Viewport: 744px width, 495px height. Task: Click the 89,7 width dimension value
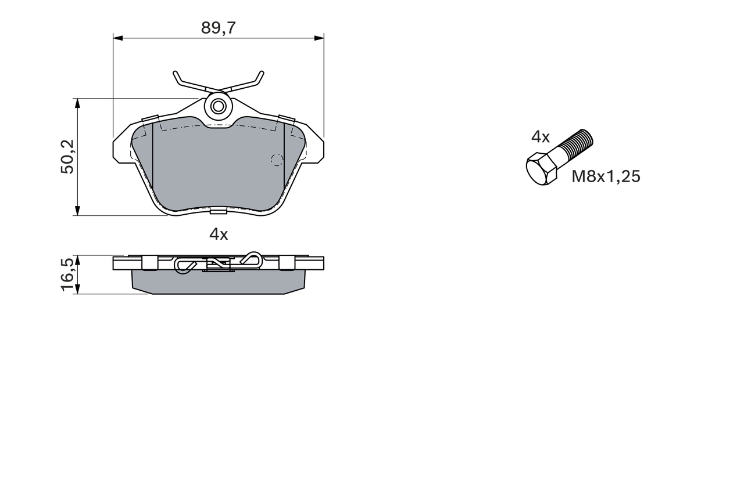click(218, 28)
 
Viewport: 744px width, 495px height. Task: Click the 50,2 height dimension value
click(67, 157)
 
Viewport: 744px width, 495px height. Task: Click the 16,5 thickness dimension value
click(67, 274)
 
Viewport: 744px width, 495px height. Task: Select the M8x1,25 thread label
click(606, 176)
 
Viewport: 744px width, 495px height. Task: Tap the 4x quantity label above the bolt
click(540, 137)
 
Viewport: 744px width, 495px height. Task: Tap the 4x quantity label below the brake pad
click(219, 234)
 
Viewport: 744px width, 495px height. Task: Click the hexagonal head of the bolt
click(541, 169)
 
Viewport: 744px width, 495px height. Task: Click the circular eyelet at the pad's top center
click(219, 106)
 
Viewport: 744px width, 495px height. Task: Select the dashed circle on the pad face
click(277, 160)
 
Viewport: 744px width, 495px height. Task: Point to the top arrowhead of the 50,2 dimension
click(76, 103)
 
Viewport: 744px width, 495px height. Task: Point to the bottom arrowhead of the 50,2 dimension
click(76, 211)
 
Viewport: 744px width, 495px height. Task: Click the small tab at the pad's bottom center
click(219, 210)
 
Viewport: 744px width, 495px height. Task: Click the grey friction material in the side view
click(218, 283)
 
